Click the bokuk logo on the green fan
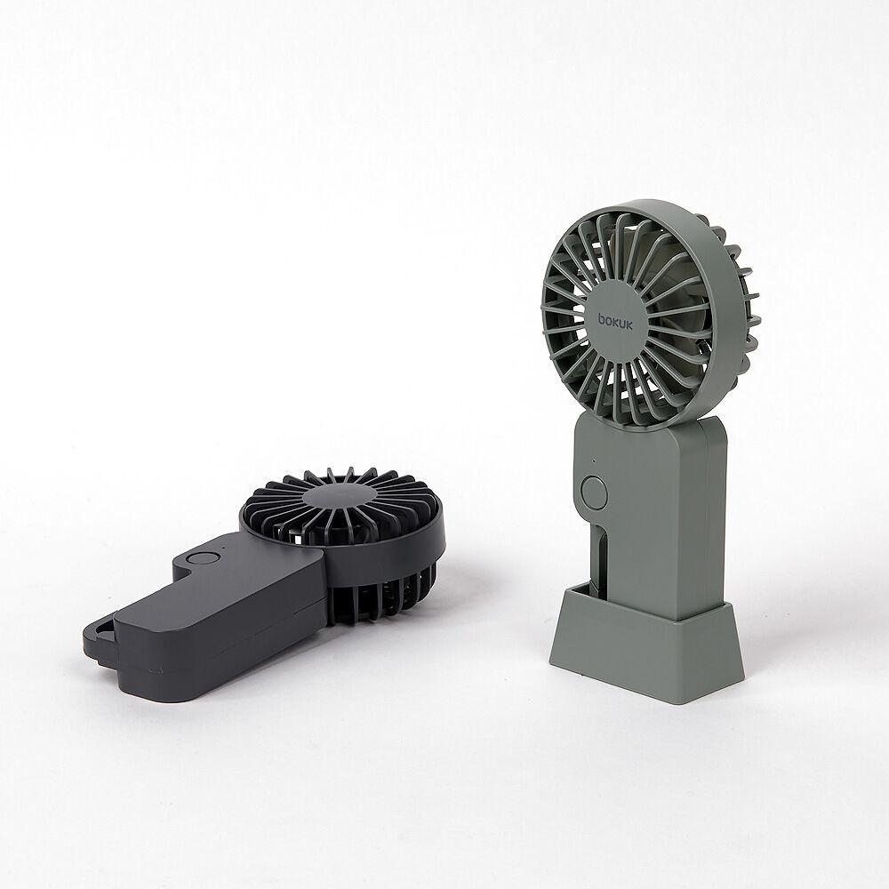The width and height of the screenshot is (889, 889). point(615,320)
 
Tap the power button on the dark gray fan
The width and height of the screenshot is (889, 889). point(203,558)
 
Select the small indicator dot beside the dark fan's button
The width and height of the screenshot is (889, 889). point(225,549)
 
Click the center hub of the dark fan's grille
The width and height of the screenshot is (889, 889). point(340,496)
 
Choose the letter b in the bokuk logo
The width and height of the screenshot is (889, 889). point(602,320)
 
